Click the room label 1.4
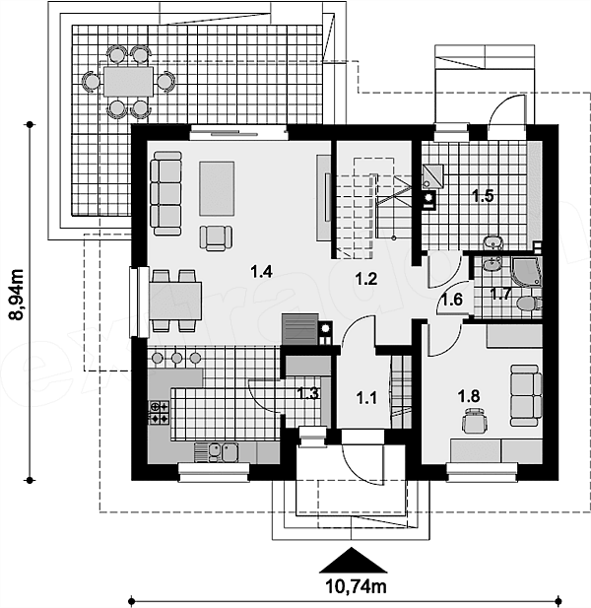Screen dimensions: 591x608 coord(261,271)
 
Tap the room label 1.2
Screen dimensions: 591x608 coord(366,279)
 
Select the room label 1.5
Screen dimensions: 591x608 coord(483,196)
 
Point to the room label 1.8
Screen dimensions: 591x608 coord(469,396)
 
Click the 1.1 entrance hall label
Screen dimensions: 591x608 coord(366,398)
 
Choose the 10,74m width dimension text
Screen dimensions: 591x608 coord(357,586)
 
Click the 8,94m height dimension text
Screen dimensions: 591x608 coord(17,295)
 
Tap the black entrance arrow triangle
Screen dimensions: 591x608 coord(353,560)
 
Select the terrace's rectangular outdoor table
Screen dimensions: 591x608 coord(128,82)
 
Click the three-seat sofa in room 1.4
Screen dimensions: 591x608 coord(165,193)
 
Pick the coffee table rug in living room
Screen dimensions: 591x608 coord(217,188)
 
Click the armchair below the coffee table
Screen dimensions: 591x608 coord(217,237)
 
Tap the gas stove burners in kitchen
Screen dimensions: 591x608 coord(160,413)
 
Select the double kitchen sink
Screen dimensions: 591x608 coord(224,452)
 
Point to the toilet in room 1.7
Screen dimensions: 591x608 coord(529,304)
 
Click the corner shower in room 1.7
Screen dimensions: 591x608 coord(527,273)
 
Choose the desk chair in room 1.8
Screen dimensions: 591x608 coord(475,421)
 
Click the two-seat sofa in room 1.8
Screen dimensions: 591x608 coord(526,395)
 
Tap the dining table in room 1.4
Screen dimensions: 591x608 coord(175,301)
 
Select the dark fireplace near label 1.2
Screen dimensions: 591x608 coord(300,329)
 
